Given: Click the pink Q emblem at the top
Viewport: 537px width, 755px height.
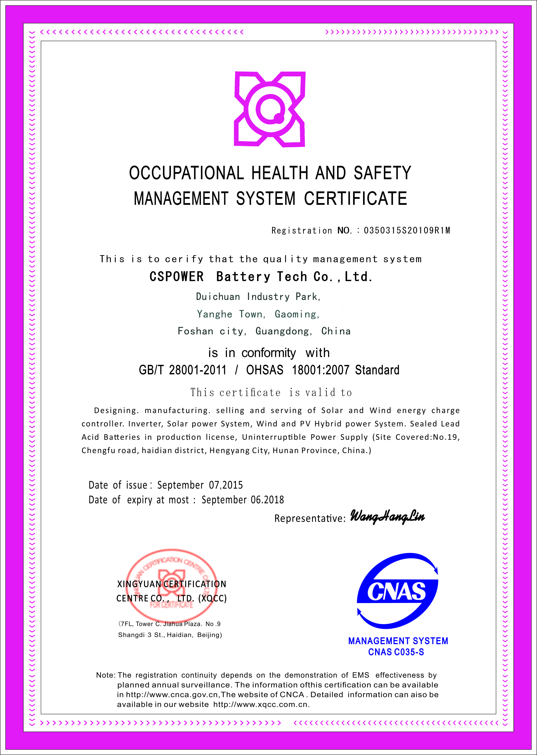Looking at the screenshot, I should pos(270,109).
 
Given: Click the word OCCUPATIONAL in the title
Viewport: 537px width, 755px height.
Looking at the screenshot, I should pos(186,173).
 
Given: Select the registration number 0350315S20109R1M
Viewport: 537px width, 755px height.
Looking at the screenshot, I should pos(407,231).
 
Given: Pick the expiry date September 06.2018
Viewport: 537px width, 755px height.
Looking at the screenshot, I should pos(243,500).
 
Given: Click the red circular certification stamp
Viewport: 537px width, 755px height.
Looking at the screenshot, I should pos(172,585).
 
